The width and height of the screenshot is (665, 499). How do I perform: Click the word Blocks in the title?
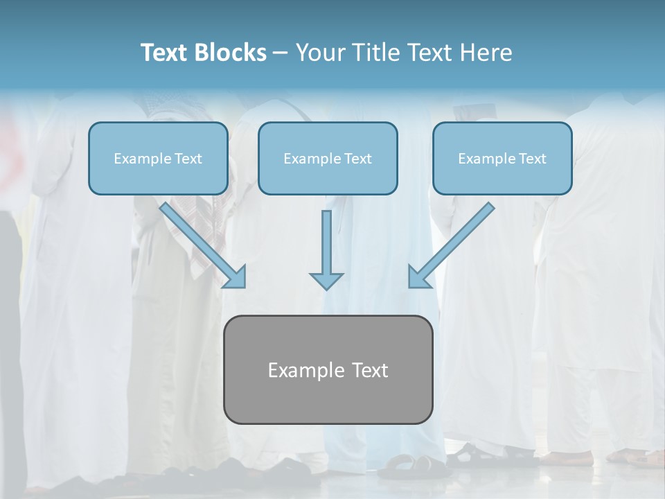pos(233,53)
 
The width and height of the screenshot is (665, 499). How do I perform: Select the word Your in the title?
pos(319,53)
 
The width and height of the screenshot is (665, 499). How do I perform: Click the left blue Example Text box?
pos(158,159)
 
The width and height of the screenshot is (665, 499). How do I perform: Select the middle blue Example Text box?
pos(328,159)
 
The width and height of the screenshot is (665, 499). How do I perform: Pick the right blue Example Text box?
pos(502,159)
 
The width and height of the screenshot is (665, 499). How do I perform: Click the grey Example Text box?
pos(328,369)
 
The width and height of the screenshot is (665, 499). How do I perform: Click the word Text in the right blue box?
pos(532,159)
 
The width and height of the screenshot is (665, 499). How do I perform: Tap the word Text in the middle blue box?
pos(357,159)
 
